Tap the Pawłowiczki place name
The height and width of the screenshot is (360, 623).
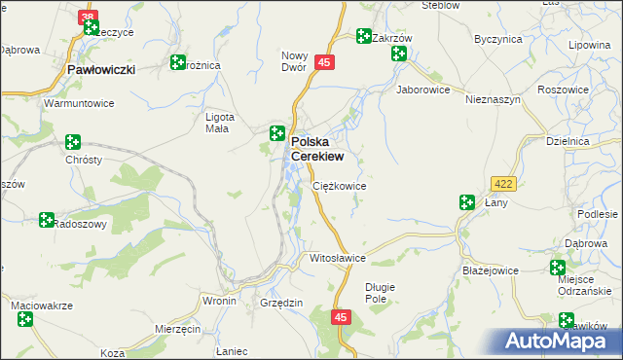tap(101, 70)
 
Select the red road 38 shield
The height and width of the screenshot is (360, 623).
tap(89, 18)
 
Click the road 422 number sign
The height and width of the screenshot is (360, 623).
tap(503, 183)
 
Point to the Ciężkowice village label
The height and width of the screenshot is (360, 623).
tap(339, 185)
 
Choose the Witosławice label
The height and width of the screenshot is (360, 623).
tap(337, 259)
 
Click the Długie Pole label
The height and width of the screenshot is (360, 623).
tap(382, 292)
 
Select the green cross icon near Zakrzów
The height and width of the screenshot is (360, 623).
tap(363, 37)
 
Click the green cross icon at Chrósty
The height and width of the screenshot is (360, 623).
tap(73, 142)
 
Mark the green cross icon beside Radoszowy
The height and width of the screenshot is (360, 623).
tap(46, 220)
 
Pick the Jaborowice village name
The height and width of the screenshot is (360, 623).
tap(423, 89)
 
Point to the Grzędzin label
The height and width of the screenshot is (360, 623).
tap(282, 303)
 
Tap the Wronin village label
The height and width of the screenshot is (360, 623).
tap(219, 302)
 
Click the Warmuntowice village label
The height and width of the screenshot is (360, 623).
tap(80, 102)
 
